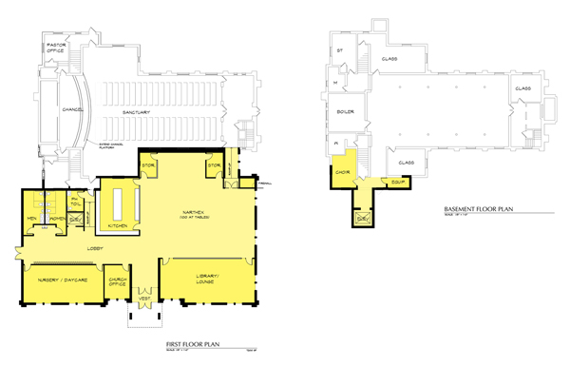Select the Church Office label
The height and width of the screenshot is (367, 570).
tap(119, 281)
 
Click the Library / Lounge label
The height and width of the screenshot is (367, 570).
tap(203, 278)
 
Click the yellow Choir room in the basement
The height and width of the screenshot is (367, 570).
tap(344, 171)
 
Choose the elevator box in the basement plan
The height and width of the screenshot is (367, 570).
tap(363, 219)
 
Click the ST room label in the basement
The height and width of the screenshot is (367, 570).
tap(338, 49)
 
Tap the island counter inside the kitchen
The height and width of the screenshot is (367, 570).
tap(120, 201)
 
